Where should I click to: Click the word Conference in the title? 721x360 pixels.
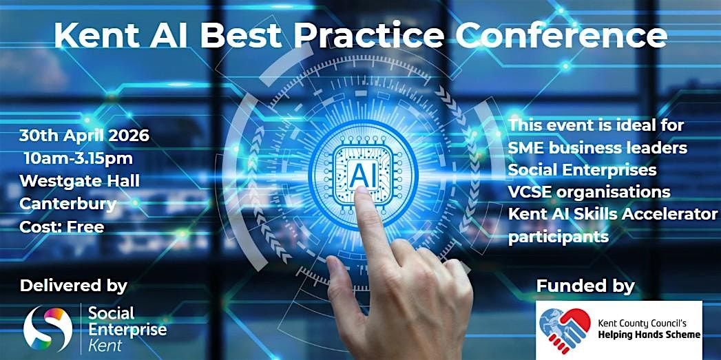(x=561, y=36)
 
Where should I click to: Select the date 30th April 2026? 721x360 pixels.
(x=84, y=136)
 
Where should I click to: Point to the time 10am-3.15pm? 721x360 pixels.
(x=79, y=158)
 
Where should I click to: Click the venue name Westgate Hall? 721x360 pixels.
(x=80, y=181)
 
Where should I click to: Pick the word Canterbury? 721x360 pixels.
(x=67, y=204)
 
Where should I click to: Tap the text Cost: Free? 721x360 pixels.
(x=61, y=226)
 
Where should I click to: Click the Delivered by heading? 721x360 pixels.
(x=74, y=286)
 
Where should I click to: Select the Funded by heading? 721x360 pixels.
(x=585, y=286)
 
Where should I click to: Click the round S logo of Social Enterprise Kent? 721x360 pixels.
(x=48, y=328)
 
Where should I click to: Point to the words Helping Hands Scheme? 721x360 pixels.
(x=649, y=335)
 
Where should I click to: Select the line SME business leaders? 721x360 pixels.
(x=598, y=148)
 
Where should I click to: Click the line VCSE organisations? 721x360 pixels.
(x=589, y=192)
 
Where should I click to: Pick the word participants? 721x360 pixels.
(x=558, y=237)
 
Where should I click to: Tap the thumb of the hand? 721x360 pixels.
(x=342, y=286)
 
